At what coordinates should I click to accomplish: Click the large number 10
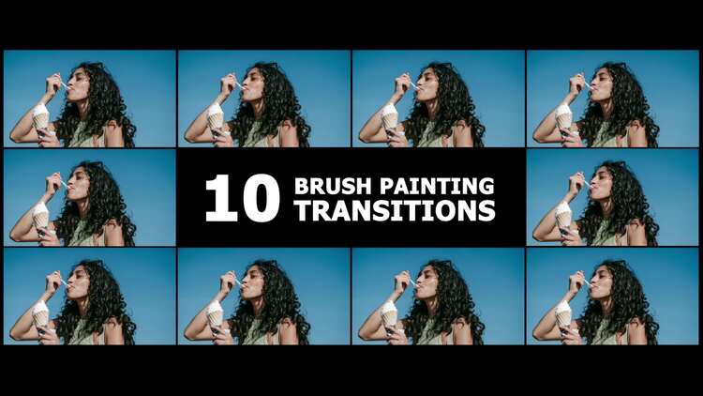click(243, 198)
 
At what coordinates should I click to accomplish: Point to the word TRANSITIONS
click(396, 210)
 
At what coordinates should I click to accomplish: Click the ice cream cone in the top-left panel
click(41, 116)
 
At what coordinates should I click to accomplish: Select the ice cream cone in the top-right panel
click(564, 116)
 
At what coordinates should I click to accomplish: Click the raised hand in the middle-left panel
click(53, 182)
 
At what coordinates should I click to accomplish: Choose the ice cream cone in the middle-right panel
click(564, 216)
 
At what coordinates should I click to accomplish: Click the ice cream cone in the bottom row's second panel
click(216, 314)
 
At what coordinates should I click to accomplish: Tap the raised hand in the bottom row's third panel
click(403, 281)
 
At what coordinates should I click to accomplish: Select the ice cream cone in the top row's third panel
click(390, 116)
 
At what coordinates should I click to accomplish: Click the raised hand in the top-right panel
click(577, 84)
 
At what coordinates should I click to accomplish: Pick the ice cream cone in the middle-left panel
click(41, 216)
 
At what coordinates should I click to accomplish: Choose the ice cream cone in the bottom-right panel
click(564, 314)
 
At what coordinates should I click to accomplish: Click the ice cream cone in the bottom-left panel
click(41, 314)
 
